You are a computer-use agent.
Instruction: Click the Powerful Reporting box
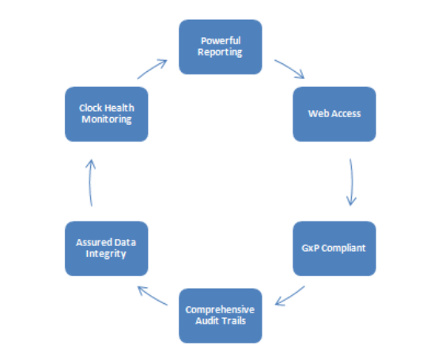221,47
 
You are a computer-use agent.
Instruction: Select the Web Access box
334,114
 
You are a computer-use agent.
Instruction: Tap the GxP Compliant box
334,248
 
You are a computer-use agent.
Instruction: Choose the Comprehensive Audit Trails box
221,316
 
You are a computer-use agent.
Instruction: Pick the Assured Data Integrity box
107,248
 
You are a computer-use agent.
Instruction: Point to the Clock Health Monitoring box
107,114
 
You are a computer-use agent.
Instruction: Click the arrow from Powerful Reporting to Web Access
289,68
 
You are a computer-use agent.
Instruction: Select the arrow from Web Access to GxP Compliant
352,182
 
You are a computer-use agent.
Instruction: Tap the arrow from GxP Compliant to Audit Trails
290,297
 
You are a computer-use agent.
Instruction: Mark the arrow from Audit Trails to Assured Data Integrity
152,296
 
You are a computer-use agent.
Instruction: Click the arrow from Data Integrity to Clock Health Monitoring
89,183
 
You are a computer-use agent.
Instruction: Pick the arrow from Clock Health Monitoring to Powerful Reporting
153,68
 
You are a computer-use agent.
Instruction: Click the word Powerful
221,41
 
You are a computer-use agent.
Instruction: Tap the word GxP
311,248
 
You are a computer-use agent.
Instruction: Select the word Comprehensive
220,310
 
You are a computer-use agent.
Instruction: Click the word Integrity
106,254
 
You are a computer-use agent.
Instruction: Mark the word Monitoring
107,119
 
